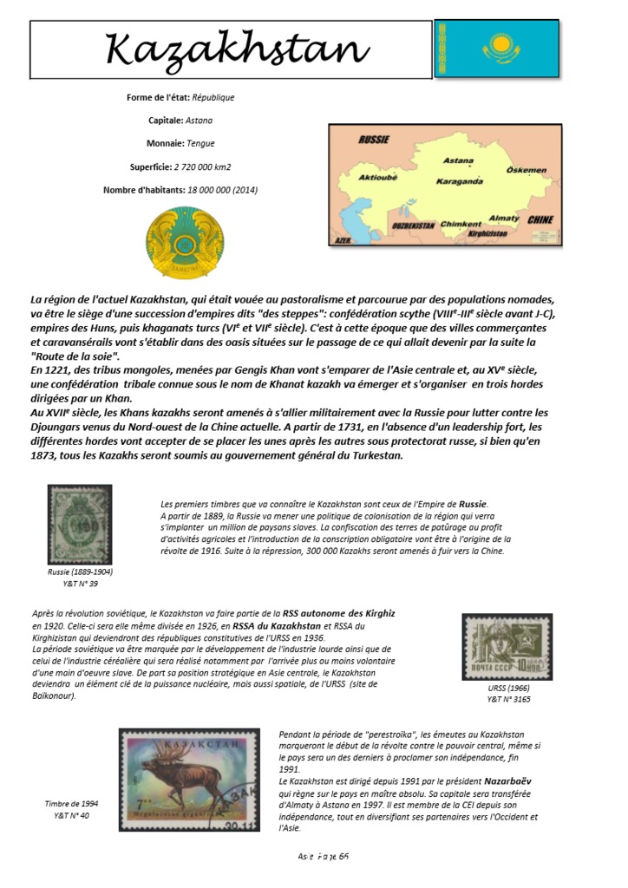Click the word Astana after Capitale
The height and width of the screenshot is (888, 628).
(199, 121)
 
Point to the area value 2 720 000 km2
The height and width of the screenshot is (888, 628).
(202, 166)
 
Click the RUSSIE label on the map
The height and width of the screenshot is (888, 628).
(373, 139)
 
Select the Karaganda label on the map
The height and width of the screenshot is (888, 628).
(459, 181)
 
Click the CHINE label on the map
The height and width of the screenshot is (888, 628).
(540, 220)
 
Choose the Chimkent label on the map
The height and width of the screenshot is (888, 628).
(461, 224)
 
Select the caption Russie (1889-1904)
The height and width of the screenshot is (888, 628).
(80, 572)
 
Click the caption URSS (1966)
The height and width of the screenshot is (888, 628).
(507, 688)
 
